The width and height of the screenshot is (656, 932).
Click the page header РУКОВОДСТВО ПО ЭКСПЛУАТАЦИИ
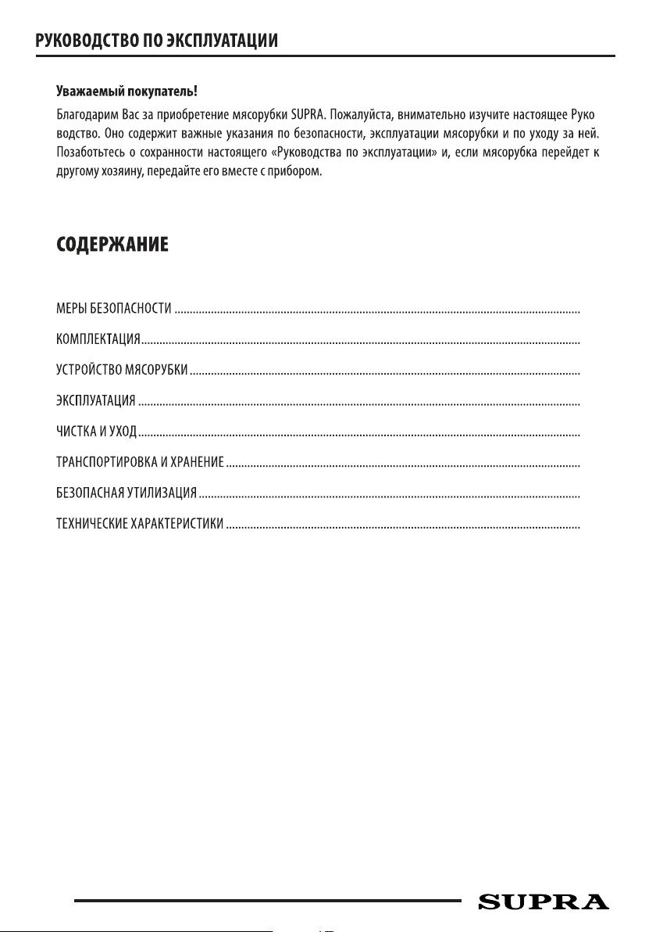click(157, 40)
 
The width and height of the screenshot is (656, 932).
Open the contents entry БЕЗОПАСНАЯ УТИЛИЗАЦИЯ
click(126, 494)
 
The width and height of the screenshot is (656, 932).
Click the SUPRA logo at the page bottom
click(543, 902)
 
